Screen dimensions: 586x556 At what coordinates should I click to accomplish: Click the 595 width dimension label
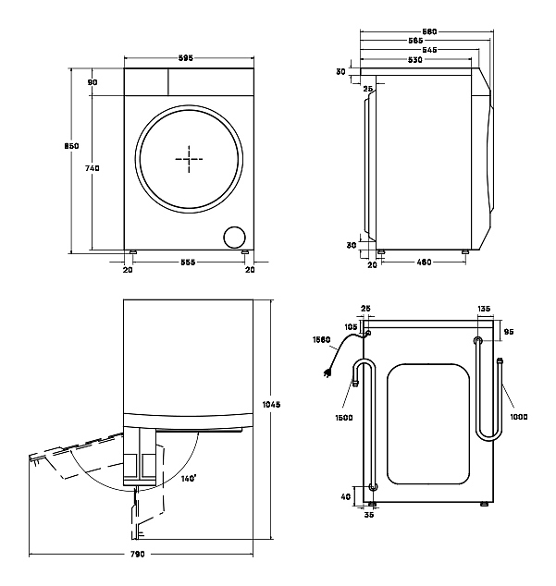(187, 58)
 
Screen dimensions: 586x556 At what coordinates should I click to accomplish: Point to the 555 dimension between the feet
(187, 262)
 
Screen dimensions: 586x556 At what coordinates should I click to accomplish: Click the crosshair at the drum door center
(189, 159)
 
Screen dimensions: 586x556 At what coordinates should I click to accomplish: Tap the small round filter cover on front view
(234, 237)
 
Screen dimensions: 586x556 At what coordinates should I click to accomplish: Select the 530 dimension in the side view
(414, 60)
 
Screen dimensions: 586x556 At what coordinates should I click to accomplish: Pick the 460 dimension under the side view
(423, 262)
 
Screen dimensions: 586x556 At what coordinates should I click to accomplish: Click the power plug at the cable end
(326, 373)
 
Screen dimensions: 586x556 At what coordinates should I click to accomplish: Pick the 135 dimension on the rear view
(485, 309)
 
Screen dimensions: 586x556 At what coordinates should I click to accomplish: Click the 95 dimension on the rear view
(508, 332)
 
